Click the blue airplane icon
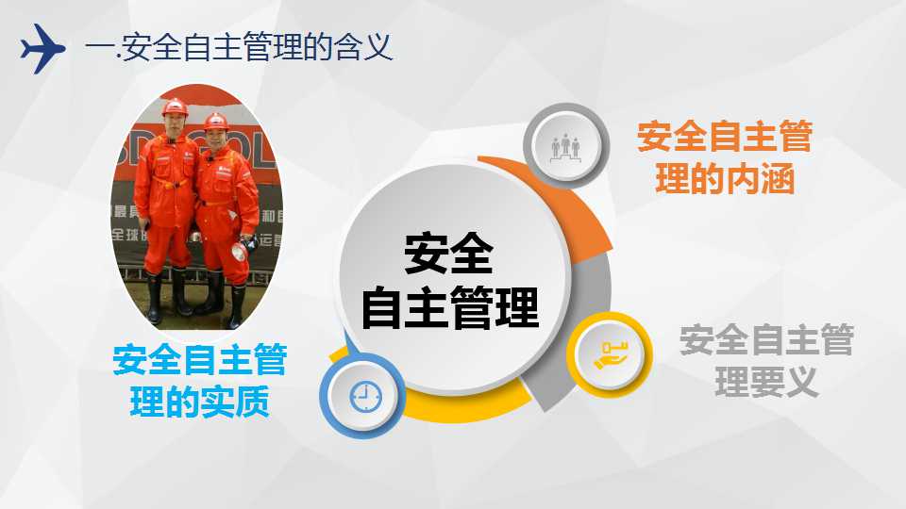coord(42,48)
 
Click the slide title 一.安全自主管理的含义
coord(239,47)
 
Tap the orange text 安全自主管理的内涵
coord(725,157)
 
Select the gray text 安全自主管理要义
coord(766,361)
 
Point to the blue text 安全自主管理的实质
coord(200,380)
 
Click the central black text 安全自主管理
coord(449,281)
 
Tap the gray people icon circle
coord(565,145)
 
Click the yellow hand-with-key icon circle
coord(610,354)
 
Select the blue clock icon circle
coord(362,395)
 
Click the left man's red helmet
coord(175,107)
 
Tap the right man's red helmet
coord(216,122)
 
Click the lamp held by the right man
coord(239,251)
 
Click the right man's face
coord(216,138)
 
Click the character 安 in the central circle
coord(427,254)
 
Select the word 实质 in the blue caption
coord(235,402)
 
